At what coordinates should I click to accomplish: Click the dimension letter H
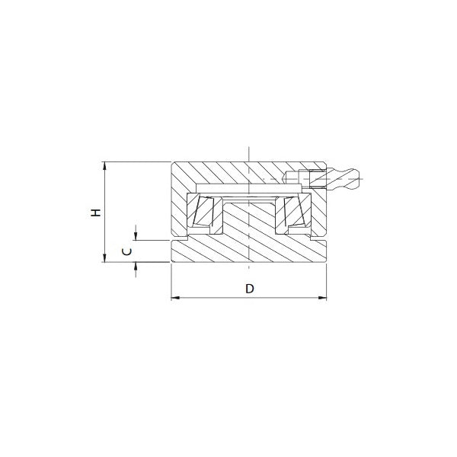[x=96, y=213]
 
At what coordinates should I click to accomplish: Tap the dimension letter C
[x=126, y=251]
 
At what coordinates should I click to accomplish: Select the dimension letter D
[x=250, y=289]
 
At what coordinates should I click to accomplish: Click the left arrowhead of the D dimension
[x=175, y=298]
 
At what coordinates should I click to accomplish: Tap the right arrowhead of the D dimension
[x=322, y=298]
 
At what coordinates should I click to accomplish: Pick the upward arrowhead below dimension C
[x=136, y=267]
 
